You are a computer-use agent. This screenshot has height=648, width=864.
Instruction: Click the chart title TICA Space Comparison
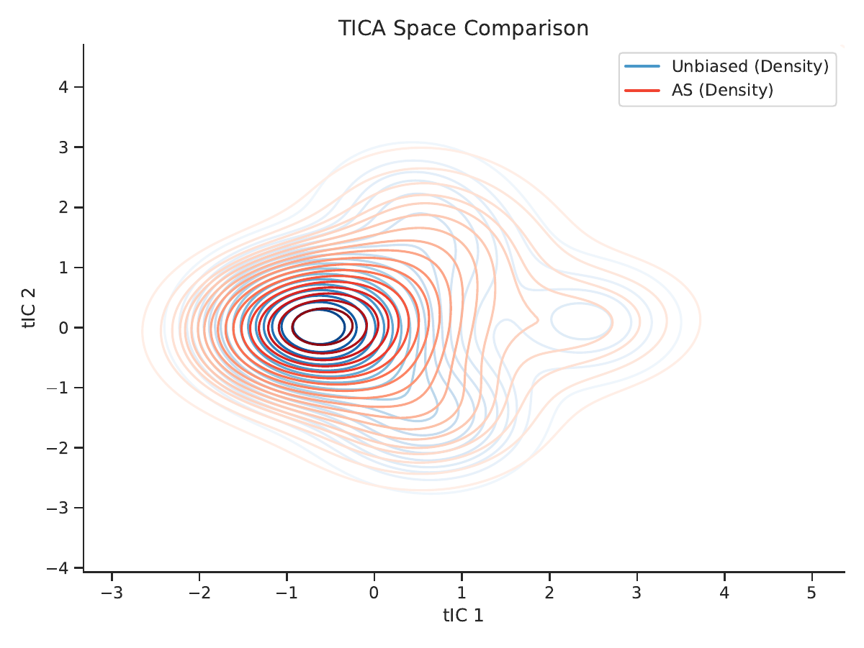tap(463, 28)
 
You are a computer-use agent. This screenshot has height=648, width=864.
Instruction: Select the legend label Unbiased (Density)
tap(750, 66)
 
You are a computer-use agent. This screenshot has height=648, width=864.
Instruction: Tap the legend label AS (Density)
tap(722, 90)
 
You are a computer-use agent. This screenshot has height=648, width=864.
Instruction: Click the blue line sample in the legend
tap(642, 66)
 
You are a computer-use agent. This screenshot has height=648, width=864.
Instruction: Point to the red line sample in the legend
tap(642, 91)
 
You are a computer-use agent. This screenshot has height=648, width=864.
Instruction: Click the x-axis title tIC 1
tap(463, 616)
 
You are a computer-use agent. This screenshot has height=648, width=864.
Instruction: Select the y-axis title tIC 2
tap(29, 309)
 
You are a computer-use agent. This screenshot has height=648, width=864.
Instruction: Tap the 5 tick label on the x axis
tap(811, 593)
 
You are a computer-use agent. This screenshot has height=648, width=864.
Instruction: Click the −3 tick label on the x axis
tap(112, 593)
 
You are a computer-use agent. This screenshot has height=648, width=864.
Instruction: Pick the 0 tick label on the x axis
tap(374, 593)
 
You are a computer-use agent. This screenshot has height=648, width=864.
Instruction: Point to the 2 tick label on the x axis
tap(549, 593)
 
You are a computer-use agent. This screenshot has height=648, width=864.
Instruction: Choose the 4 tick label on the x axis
tap(724, 593)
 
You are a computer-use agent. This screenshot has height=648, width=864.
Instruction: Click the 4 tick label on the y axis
tap(63, 87)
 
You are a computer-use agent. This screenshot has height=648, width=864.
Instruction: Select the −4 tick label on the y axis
tap(58, 568)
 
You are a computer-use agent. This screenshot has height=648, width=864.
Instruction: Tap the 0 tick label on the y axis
tap(63, 327)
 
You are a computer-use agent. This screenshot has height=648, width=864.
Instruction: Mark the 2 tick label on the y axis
tap(63, 207)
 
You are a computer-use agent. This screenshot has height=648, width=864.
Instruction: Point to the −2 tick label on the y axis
tap(58, 448)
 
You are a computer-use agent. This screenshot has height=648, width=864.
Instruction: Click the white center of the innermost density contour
tap(318, 327)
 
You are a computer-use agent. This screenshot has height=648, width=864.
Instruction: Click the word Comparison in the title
tap(526, 28)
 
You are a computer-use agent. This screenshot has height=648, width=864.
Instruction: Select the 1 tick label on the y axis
tap(63, 268)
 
